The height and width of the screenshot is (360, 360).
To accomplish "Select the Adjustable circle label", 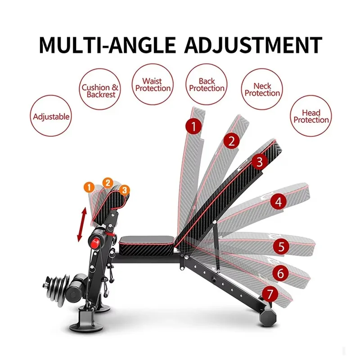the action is (x=51, y=116).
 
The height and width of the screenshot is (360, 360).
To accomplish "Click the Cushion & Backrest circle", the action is (x=100, y=89).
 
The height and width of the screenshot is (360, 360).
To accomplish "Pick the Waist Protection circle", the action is (x=153, y=84).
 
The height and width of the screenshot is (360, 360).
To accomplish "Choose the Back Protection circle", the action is (x=207, y=84).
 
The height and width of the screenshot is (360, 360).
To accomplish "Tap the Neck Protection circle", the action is (x=262, y=89).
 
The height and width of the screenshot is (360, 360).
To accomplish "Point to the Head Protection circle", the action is (x=311, y=116).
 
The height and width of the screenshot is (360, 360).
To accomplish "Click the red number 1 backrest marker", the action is (x=194, y=126).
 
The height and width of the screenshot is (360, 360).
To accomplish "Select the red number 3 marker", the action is (x=260, y=162).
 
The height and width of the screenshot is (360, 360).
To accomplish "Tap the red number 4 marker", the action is (x=279, y=202).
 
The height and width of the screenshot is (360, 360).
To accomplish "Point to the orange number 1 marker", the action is (x=89, y=187).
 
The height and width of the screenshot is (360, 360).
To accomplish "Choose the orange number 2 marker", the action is (x=108, y=183).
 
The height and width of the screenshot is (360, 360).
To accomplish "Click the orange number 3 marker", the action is (x=124, y=190).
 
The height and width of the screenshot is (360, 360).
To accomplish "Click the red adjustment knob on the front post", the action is (x=94, y=243).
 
